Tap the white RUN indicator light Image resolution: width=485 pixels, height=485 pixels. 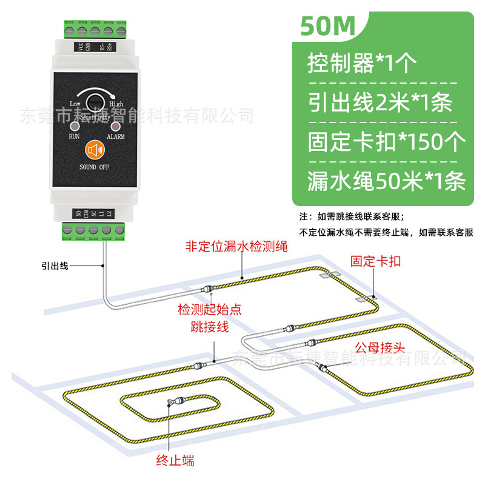click(74, 127)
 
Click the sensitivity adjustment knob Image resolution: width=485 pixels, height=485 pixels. click(94, 102)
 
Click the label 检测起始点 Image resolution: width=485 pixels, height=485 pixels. click(209, 310)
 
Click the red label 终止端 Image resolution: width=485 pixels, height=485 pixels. click(175, 461)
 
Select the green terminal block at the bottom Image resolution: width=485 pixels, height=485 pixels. click(94, 229)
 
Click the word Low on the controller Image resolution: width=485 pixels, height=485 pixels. click(75, 104)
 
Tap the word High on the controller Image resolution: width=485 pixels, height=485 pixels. click(116, 104)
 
